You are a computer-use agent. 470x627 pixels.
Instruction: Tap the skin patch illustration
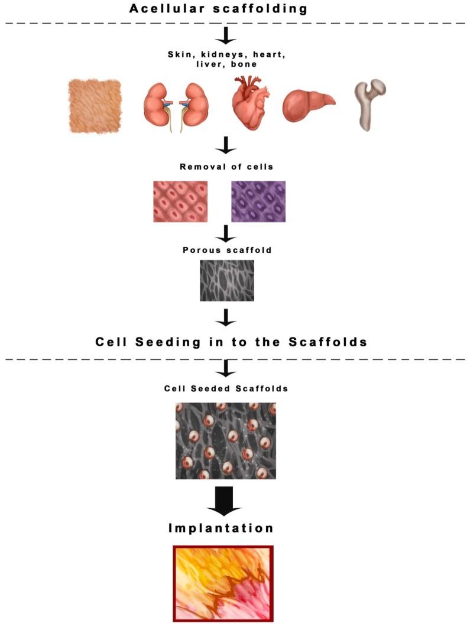95,105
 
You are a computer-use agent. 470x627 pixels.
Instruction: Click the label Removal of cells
226,167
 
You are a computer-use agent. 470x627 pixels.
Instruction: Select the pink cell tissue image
180,202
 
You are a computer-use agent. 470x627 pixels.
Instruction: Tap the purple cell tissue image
258,202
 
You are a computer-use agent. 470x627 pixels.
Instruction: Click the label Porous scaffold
226,250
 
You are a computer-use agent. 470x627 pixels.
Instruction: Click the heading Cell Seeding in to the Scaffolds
226,342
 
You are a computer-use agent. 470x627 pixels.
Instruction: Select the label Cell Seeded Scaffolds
226,389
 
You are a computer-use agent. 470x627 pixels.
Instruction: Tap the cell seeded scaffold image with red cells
226,440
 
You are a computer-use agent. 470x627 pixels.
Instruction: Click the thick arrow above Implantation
226,501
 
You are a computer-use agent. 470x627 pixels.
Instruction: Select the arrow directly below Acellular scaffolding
226,37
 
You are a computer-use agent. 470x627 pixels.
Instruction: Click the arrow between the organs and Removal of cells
226,145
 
